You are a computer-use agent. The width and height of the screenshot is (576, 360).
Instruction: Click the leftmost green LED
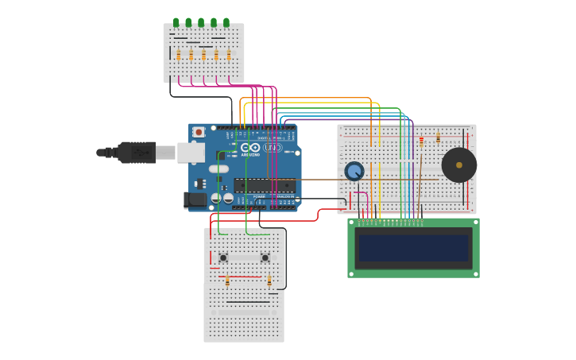tap(176, 23)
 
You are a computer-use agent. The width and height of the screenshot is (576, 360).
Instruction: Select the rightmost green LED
tap(226, 23)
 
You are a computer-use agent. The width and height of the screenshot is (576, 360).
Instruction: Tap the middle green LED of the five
tap(201, 23)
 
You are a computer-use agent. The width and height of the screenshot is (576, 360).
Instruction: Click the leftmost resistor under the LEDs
tap(179, 55)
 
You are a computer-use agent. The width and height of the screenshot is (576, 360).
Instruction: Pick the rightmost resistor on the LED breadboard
tap(229, 55)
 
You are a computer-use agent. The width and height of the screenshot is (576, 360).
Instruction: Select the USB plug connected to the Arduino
tap(135, 152)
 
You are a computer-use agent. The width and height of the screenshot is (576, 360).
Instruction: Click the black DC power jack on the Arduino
tap(195, 200)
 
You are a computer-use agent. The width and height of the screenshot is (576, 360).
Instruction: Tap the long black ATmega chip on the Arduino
tap(265, 185)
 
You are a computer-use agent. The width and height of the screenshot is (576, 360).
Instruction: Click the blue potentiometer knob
tap(354, 171)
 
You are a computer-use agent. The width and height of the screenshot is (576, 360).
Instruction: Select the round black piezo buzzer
tap(459, 165)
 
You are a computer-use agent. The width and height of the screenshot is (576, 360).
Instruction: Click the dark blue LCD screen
tap(413, 248)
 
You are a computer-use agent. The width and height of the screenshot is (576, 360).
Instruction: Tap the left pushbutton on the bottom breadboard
tap(223, 257)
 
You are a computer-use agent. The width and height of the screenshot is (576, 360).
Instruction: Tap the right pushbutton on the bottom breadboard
tap(265, 257)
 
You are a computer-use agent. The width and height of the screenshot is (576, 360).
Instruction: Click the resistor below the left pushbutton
tap(227, 281)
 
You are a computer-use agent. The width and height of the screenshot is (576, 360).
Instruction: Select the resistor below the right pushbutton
tap(269, 281)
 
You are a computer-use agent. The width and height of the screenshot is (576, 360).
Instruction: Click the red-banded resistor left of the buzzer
tap(421, 141)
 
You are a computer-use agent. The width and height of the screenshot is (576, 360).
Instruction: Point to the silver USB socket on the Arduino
tap(189, 152)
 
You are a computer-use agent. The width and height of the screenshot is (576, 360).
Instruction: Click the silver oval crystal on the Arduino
tap(218, 168)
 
